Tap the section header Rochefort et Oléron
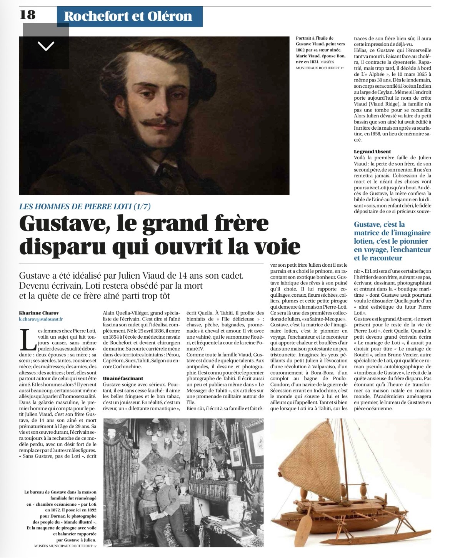tap(128, 16)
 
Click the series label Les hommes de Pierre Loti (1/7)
tap(85, 206)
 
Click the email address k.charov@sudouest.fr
tap(41, 319)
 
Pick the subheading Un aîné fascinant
tap(123, 378)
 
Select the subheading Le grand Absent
tap(372, 152)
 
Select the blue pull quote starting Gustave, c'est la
tap(392, 241)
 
